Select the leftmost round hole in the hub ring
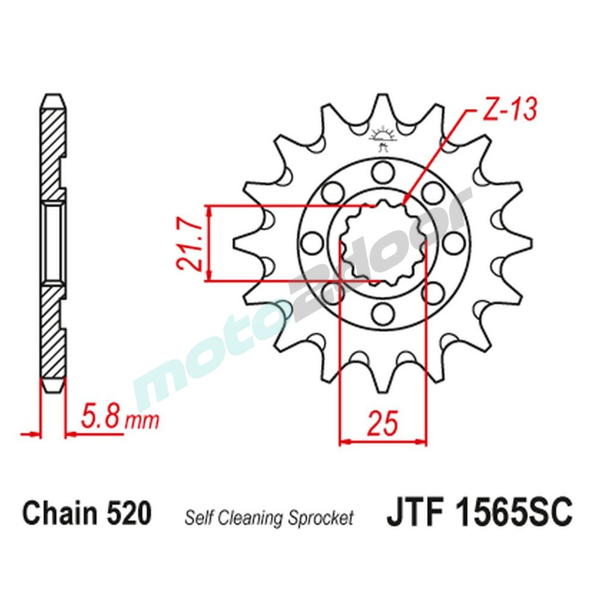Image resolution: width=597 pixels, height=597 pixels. tap(310, 242)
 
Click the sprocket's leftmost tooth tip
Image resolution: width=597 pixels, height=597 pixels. tap(233, 242)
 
